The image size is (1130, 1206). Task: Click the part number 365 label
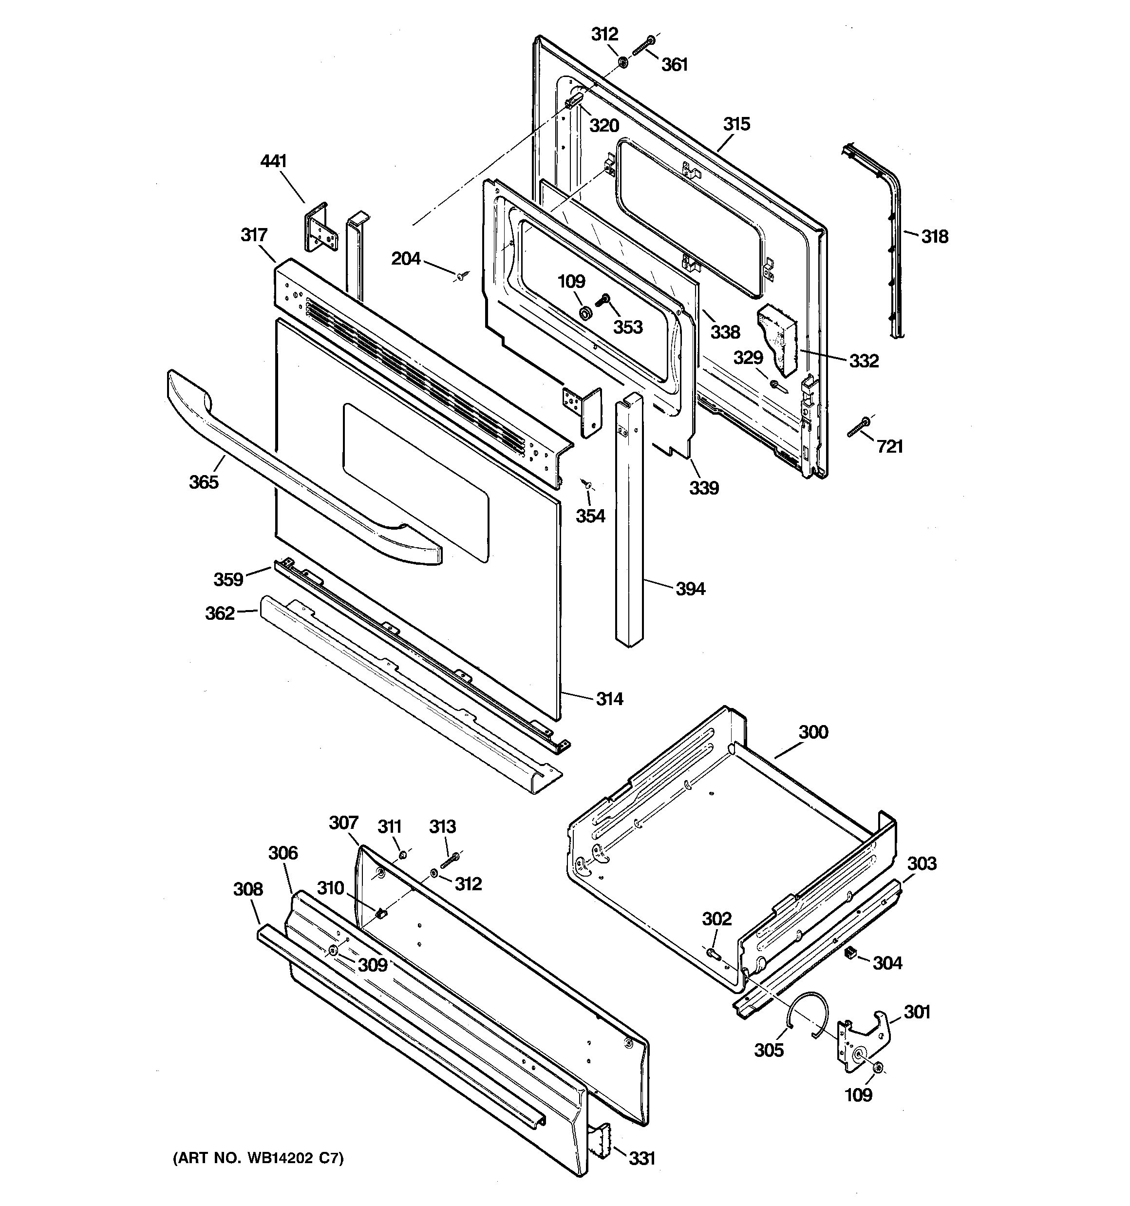click(x=203, y=482)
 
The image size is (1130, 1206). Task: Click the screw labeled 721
click(x=858, y=427)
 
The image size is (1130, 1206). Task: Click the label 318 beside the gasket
click(x=935, y=237)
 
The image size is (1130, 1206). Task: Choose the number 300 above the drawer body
click(x=813, y=732)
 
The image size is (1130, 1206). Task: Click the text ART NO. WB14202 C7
click(x=258, y=1159)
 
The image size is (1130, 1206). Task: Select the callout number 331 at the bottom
click(x=642, y=1159)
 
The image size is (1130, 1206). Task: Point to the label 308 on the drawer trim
click(x=248, y=889)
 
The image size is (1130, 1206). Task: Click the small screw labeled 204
click(x=461, y=277)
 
